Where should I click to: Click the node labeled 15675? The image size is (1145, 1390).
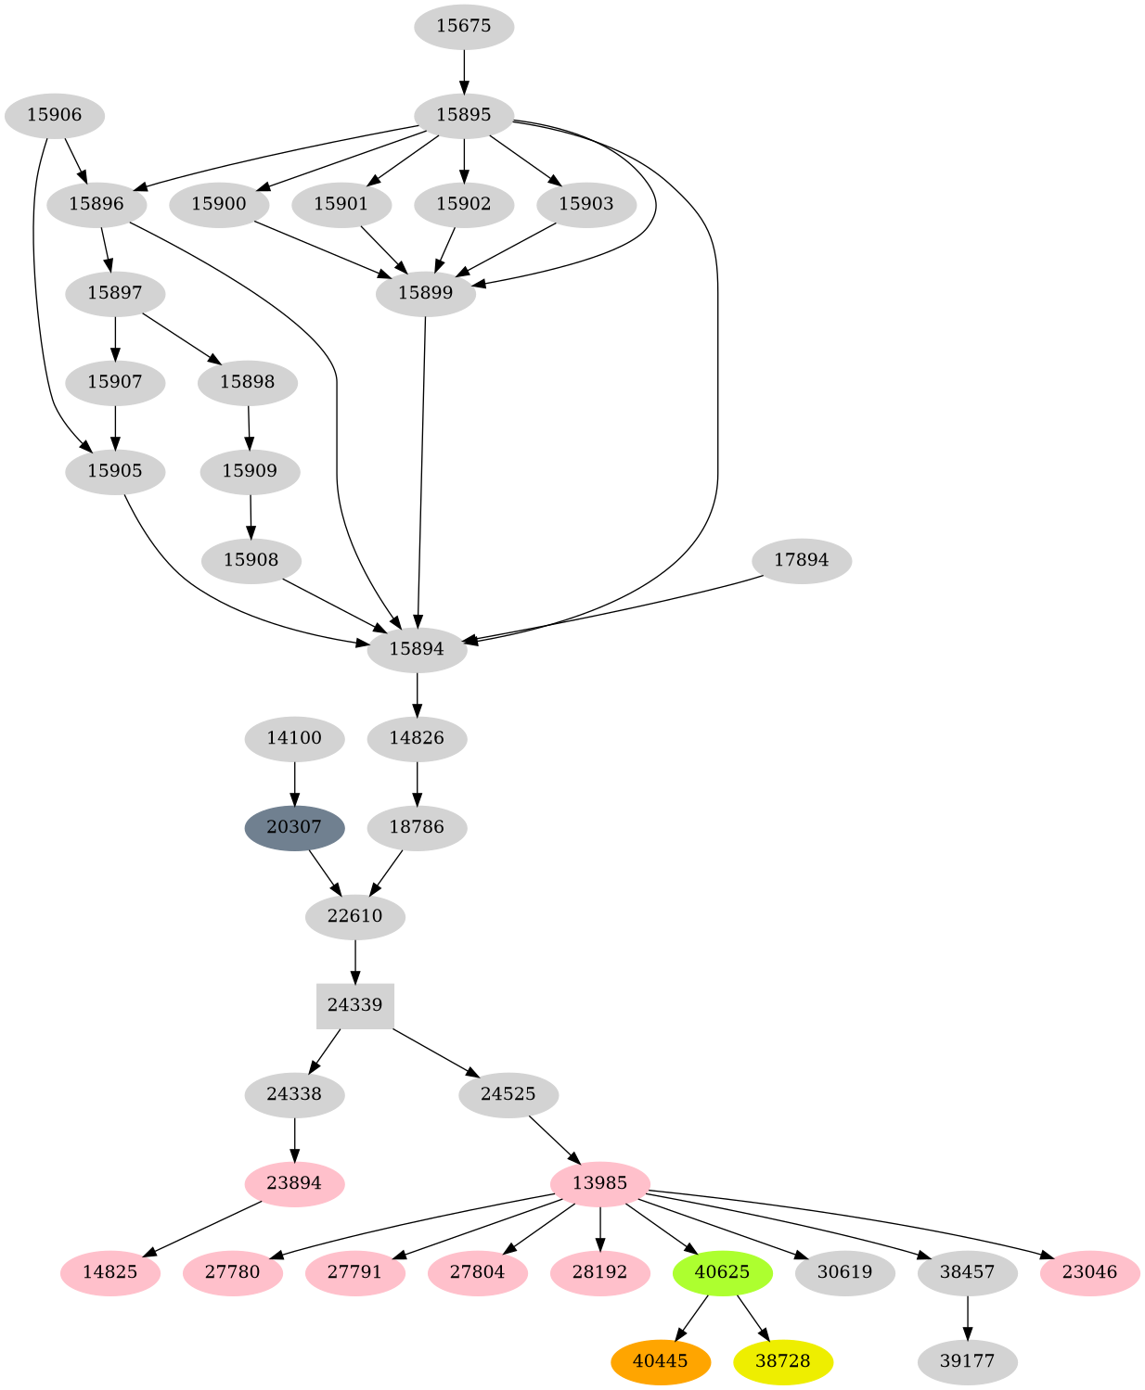pos(463,26)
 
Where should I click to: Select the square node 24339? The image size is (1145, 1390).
pos(354,1005)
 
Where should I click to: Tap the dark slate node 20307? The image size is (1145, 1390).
pos(294,827)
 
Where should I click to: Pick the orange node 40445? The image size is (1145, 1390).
pos(660,1361)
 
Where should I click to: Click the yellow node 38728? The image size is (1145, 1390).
pos(782,1361)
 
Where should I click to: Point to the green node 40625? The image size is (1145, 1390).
pos(722,1272)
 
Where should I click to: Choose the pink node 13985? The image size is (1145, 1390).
pos(599,1183)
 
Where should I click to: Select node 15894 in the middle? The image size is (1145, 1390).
pos(417,649)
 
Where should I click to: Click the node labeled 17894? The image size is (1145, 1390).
pos(801,560)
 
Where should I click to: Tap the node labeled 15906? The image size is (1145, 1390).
pos(54,116)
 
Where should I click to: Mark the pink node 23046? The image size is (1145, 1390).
pos(1089,1272)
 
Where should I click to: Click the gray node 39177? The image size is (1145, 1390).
pos(967,1361)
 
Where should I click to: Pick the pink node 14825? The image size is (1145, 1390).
pos(109,1272)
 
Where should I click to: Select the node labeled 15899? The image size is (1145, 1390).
pos(425,294)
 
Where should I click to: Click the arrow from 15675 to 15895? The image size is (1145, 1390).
pos(463,70)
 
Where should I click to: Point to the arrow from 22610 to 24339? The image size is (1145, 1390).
pos(354,961)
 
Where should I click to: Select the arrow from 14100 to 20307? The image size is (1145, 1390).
pos(294,783)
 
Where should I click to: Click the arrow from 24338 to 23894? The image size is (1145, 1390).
pos(294,1139)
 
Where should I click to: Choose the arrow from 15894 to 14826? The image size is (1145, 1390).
pos(417,694)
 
